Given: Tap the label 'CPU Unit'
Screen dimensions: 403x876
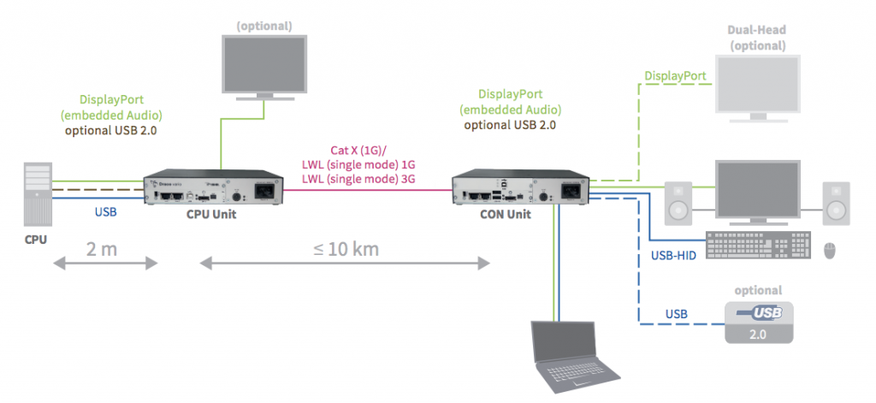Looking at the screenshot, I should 211,214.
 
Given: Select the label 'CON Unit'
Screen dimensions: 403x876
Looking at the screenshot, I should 500,214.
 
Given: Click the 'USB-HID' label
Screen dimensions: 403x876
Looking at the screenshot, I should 675,255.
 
